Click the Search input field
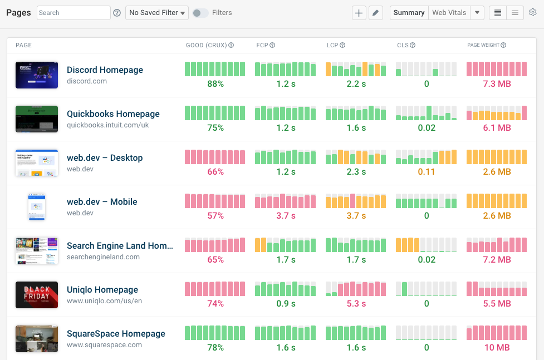[x=73, y=13]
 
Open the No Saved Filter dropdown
[x=157, y=13]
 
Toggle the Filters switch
[x=200, y=13]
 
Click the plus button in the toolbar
[x=359, y=13]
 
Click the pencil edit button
[x=376, y=13]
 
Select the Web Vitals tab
[x=449, y=13]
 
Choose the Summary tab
[x=409, y=13]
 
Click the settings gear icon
[x=533, y=13]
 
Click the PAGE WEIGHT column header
[x=483, y=45]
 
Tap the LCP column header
[x=332, y=45]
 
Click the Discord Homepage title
[x=105, y=70]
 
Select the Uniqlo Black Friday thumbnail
[x=37, y=295]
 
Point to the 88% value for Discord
[x=215, y=84]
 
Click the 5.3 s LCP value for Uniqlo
[x=356, y=304]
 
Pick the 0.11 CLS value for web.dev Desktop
[x=426, y=172]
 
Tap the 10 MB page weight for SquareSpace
[x=497, y=348]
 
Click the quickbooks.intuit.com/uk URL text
[x=107, y=125]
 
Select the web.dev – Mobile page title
[x=102, y=202]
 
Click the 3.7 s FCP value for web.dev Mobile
[x=286, y=216]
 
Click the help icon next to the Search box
[x=117, y=13]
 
